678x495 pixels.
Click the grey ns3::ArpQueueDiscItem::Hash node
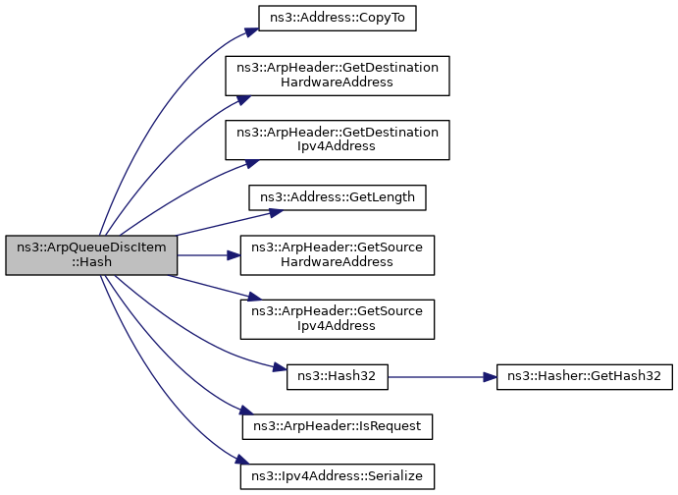91,255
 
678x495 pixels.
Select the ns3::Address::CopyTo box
338,19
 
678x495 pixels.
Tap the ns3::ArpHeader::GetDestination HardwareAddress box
338,76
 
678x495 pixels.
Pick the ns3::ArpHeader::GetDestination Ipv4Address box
338,139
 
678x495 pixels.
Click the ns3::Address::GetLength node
338,197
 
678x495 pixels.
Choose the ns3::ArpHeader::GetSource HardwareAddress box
338,255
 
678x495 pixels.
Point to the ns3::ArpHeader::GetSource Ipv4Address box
338,318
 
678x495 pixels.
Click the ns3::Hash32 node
338,376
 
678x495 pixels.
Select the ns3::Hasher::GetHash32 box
584,376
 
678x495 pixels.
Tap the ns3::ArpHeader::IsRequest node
338,426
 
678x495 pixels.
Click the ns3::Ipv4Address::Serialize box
338,476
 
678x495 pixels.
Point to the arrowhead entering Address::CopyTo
250,28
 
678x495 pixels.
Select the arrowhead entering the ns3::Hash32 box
280,368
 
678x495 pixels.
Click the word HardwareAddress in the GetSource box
338,263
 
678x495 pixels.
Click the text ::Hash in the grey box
91,263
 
